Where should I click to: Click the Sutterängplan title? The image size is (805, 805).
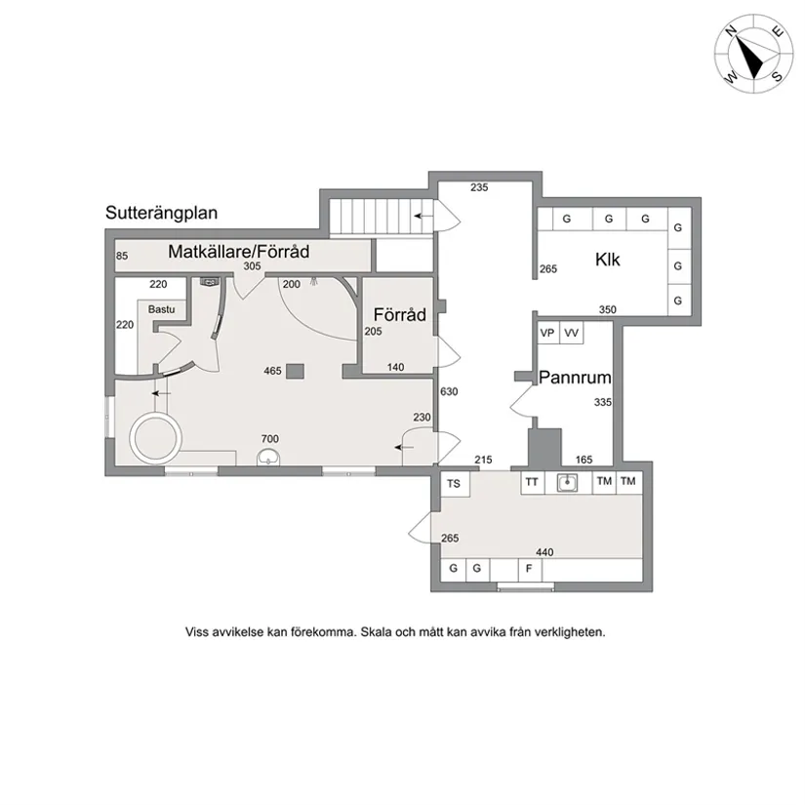[x=161, y=213]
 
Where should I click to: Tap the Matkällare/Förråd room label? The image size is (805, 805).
[x=239, y=252]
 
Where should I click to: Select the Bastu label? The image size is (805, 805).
[x=161, y=309]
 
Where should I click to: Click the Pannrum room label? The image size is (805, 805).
[x=575, y=378]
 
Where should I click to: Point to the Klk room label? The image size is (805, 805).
[x=607, y=260]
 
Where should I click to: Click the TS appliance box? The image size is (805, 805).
[x=454, y=484]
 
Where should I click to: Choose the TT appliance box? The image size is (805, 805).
[x=533, y=483]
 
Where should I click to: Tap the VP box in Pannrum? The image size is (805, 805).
[x=547, y=333]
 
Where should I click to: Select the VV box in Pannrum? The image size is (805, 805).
[x=571, y=333]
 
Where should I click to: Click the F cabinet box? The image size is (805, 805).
[x=529, y=569]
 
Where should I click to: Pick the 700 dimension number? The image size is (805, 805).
[x=270, y=439]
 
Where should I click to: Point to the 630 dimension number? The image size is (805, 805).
[x=449, y=391]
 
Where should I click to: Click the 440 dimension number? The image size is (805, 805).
[x=544, y=552]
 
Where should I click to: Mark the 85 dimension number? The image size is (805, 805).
[x=122, y=256]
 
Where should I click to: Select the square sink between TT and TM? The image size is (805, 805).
[x=567, y=483]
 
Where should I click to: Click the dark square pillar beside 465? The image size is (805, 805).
[x=296, y=371]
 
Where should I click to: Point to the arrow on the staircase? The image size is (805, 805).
[x=423, y=217]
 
